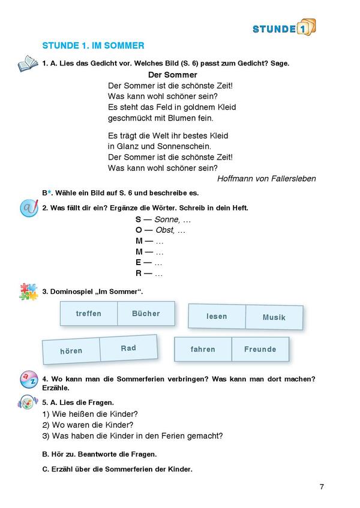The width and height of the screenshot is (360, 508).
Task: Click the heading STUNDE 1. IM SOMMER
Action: [93, 46]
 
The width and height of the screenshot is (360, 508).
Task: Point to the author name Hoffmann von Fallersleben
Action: [266, 179]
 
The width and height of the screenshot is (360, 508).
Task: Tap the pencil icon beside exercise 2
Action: [28, 209]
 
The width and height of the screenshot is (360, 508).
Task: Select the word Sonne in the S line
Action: [166, 220]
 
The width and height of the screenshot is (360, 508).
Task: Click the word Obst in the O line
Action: [164, 230]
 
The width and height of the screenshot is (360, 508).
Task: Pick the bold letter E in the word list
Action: [139, 263]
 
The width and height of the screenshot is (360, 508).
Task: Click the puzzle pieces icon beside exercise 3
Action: [28, 291]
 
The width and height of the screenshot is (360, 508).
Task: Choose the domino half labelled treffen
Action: [89, 314]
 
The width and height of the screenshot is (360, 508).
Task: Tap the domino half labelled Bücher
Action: [146, 314]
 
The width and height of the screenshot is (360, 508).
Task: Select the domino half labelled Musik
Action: [274, 317]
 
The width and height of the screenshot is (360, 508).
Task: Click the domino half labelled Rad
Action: [128, 348]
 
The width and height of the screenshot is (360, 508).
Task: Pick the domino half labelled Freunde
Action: [260, 349]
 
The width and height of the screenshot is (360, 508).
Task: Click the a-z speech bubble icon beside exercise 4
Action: [28, 379]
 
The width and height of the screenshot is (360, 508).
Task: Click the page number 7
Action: [322, 486]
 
